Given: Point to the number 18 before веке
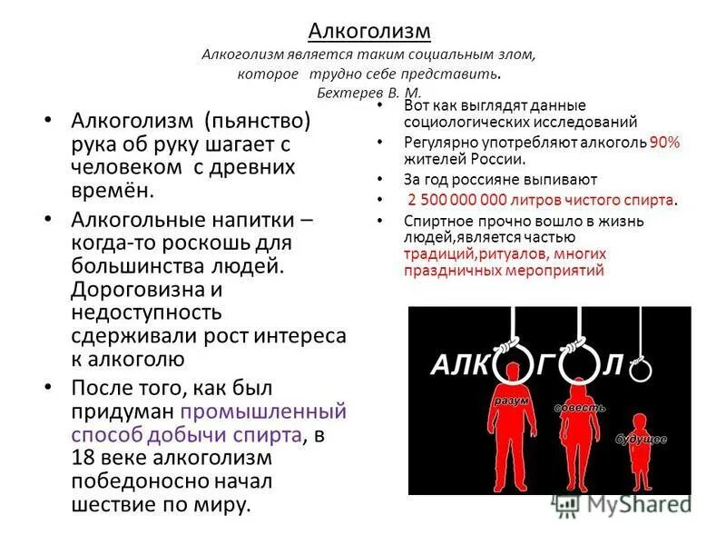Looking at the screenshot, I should click(x=83, y=456).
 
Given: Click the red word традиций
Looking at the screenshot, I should click(x=443, y=253).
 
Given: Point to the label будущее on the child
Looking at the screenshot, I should click(x=642, y=440).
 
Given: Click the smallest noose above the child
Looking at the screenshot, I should click(x=641, y=371).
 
